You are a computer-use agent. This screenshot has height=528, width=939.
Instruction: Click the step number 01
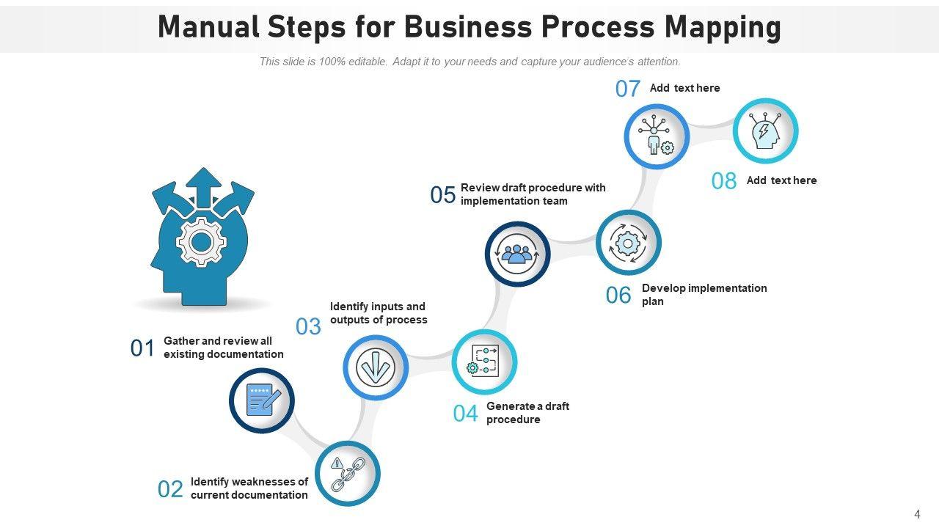click(x=142, y=348)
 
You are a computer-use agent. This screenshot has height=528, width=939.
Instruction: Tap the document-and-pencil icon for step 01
click(x=262, y=400)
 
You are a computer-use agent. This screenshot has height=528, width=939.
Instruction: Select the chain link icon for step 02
click(x=348, y=474)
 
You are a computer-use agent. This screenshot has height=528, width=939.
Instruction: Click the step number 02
click(x=170, y=489)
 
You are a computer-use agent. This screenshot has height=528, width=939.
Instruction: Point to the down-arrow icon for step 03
click(x=376, y=367)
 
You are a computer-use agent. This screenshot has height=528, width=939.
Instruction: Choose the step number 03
click(x=308, y=326)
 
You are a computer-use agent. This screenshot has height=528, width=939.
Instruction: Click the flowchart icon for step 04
click(x=485, y=362)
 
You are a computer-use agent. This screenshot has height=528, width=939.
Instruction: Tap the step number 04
click(x=465, y=414)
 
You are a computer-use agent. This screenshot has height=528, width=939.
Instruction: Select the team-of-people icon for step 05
click(x=518, y=254)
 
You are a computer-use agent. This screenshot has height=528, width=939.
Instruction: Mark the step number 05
click(x=443, y=195)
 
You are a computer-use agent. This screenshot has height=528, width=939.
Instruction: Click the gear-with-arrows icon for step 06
click(x=629, y=243)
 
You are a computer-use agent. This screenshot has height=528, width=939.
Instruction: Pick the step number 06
click(x=618, y=295)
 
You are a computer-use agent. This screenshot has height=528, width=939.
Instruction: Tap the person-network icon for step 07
click(x=657, y=136)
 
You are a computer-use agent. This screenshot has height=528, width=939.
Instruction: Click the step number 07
click(x=628, y=89)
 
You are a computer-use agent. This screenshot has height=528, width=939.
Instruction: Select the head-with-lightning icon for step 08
click(x=765, y=131)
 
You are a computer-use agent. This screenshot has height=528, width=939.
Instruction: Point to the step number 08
click(x=724, y=181)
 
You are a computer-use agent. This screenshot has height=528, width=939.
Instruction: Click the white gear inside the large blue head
click(x=202, y=241)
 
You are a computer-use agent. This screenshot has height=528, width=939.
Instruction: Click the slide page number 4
click(x=917, y=514)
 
